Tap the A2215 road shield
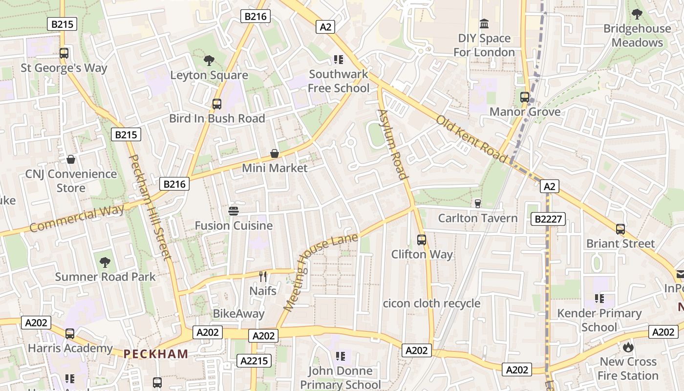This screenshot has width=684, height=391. click(254, 361)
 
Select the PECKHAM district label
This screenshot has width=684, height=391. click(155, 354)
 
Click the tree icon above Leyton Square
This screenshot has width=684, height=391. click(209, 61)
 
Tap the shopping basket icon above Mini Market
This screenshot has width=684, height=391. click(275, 153)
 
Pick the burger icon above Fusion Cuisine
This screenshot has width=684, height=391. click(234, 211)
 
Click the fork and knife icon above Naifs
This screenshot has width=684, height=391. click(263, 277)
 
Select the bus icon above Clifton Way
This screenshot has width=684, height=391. click(422, 240)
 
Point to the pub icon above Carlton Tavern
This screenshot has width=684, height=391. click(478, 203)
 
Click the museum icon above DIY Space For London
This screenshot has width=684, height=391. click(484, 23)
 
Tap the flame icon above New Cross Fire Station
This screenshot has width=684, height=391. click(628, 347)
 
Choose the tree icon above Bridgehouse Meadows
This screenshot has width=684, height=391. click(637, 14)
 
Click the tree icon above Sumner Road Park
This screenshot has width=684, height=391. click(105, 262)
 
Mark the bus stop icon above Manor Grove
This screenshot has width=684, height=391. click(525, 97)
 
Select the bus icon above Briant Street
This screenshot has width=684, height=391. click(620, 229)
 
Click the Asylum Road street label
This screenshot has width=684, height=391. click(392, 144)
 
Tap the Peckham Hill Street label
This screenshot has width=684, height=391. click(150, 206)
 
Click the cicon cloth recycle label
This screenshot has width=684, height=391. click(432, 304)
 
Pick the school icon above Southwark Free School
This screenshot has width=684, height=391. click(338, 60)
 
